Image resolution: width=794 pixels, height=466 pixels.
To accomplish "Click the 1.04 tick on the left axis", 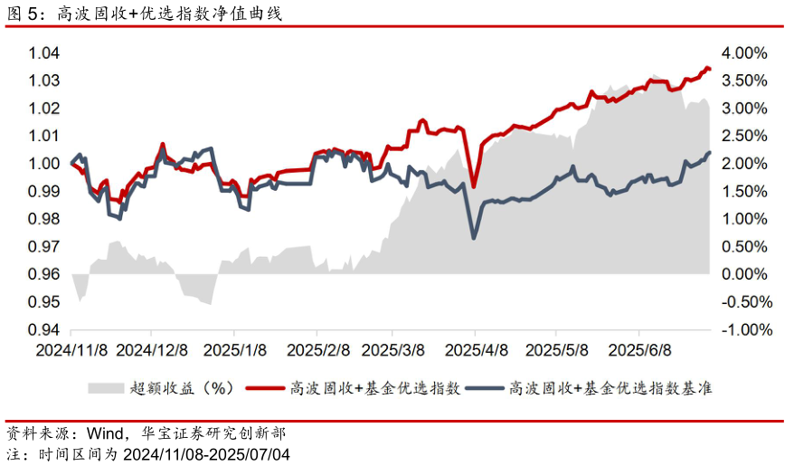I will tap(44, 53).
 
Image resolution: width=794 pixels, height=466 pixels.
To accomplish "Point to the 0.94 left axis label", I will tap(44, 330).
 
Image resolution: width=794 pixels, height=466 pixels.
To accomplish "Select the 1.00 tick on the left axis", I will tap(44, 164).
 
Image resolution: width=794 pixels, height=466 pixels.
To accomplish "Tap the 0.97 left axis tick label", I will tap(44, 247).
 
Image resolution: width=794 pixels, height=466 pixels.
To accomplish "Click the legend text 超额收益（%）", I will tap(182, 388).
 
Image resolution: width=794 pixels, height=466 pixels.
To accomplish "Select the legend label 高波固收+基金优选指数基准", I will tap(610, 388).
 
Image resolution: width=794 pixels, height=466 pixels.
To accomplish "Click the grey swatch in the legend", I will tap(105, 388).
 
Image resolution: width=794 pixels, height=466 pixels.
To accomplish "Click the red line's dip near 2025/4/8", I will tap(474, 187).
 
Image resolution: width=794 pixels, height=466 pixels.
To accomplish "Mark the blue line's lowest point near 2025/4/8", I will tap(474, 238).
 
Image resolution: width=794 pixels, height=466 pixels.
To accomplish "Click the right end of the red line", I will tap(710, 69).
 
